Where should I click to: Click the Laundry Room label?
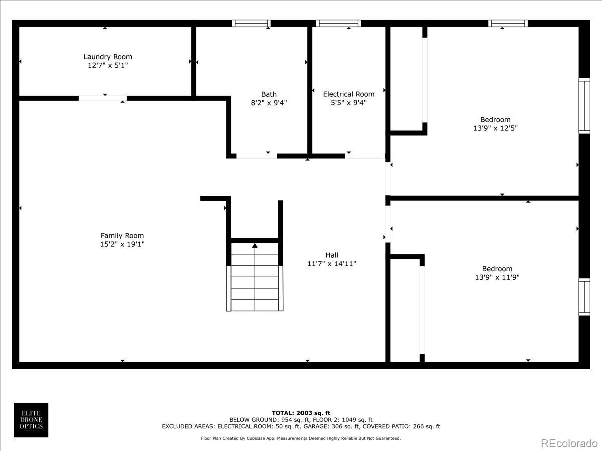(108, 57)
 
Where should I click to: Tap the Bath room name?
(269, 94)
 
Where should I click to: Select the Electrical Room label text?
(349, 94)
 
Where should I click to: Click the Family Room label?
(122, 236)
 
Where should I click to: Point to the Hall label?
(332, 255)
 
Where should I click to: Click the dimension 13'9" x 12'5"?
(495, 128)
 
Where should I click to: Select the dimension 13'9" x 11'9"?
(497, 277)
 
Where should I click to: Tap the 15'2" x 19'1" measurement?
(122, 244)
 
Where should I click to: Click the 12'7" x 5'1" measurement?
(108, 65)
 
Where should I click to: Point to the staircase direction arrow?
(255, 245)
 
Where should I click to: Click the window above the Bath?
(251, 23)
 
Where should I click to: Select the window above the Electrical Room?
(339, 23)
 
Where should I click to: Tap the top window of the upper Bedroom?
(508, 23)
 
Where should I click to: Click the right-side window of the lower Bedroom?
(584, 297)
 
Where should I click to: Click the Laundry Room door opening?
(102, 98)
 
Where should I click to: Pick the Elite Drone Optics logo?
(31, 420)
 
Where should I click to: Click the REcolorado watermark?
(569, 443)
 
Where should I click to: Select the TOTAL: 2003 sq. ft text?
(301, 413)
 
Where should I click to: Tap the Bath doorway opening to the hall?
(256, 156)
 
